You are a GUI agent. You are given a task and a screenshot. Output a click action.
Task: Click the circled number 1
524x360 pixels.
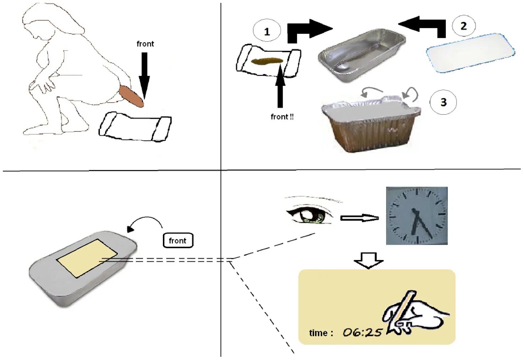[267, 32]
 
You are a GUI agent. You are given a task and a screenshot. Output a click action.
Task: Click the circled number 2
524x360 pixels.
[463, 26]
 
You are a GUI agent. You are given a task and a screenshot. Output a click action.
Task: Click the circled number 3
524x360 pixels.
[443, 102]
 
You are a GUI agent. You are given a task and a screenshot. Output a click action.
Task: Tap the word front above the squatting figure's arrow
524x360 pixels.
[145, 44]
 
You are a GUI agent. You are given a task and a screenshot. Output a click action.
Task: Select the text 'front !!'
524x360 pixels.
[282, 117]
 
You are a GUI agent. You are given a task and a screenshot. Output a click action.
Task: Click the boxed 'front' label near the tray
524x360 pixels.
[178, 241]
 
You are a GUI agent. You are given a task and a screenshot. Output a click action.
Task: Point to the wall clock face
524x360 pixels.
[416, 216]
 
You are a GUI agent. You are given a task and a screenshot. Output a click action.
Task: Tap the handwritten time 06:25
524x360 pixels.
[362, 332]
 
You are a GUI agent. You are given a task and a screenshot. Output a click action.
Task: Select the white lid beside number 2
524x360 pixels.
[470, 53]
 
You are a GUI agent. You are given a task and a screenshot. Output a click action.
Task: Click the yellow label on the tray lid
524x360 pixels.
[87, 257]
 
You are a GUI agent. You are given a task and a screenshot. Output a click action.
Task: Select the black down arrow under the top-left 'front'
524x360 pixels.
[144, 74]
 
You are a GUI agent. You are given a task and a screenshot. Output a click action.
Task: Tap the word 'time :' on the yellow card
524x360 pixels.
[321, 333]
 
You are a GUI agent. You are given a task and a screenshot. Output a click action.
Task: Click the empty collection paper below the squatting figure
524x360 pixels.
[135, 127]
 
